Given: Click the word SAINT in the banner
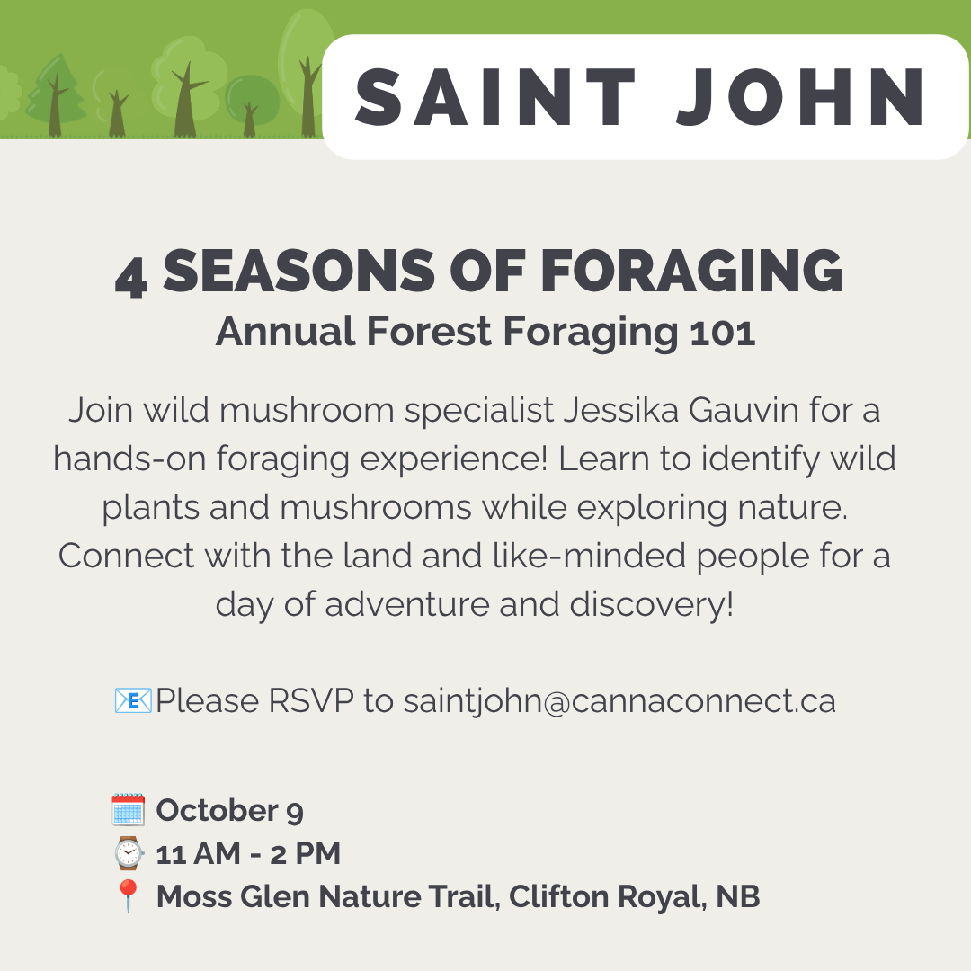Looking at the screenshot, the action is [494, 97].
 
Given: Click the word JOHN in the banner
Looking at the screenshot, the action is [802, 97].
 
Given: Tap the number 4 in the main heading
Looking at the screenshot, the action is [131, 278].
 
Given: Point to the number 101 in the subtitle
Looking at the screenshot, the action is [722, 332].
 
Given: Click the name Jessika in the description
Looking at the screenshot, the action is [621, 410].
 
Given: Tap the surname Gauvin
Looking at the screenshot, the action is [744, 410].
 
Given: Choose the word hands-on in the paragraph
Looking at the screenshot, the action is [129, 459].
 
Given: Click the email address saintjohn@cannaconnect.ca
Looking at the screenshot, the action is [619, 701].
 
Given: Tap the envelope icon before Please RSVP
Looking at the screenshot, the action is [133, 700].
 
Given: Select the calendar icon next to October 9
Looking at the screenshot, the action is [129, 809].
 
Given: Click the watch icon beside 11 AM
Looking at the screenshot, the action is [129, 852].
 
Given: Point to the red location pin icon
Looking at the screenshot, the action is [129, 895].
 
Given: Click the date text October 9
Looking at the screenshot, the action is [230, 810].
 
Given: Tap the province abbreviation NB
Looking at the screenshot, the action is [738, 896].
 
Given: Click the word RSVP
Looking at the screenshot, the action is [311, 701].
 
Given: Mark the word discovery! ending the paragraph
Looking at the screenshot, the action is [652, 604].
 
